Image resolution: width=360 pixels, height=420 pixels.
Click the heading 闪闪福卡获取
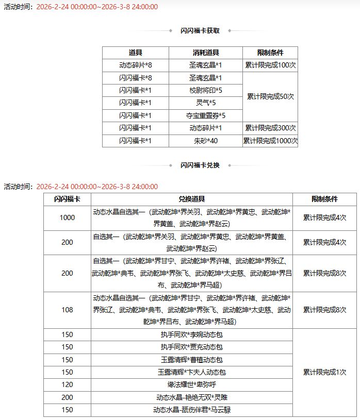click(200, 30)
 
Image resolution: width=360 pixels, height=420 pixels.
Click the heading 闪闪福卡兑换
click(200, 165)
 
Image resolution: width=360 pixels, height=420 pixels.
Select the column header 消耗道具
click(205, 53)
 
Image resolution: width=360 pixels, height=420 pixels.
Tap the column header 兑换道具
click(192, 199)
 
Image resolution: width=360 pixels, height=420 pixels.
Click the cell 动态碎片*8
click(135, 65)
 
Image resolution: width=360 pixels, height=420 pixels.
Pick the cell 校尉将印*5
click(205, 90)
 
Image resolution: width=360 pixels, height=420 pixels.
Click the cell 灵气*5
click(205, 103)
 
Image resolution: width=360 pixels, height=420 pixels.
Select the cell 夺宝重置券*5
click(205, 115)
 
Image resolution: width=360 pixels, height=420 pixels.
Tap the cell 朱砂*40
click(205, 141)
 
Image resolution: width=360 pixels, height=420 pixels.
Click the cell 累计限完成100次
click(270, 65)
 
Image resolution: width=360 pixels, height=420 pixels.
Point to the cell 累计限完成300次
click(270, 128)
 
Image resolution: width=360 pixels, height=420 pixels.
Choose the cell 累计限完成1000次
click(270, 141)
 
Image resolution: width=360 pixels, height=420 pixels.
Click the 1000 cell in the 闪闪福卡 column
click(67, 217)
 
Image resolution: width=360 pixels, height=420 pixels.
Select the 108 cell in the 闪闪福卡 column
click(67, 310)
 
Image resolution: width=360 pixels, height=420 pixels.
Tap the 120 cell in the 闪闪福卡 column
click(67, 384)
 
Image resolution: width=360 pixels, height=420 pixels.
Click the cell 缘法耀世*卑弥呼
click(192, 384)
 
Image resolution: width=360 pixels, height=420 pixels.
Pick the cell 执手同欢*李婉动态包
click(192, 334)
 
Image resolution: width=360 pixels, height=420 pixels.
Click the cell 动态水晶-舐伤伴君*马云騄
click(192, 410)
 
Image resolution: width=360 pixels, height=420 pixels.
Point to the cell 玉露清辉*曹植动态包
click(192, 360)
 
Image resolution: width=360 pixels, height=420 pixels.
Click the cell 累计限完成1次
click(324, 372)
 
